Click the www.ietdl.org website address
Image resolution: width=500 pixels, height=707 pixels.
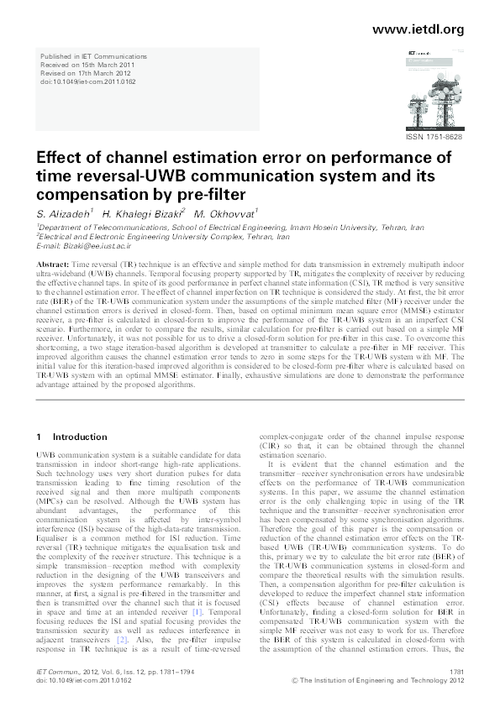coord(417,29)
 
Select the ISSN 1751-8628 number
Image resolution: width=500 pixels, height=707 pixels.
coord(434,136)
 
